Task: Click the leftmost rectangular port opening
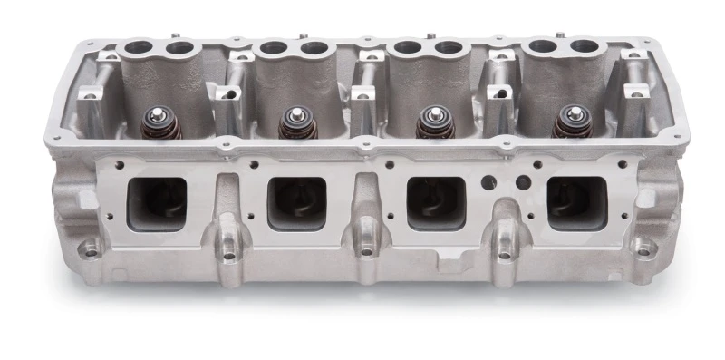(157, 200)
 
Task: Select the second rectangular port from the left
(297, 202)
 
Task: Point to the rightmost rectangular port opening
(575, 201)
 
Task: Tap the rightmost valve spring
(572, 123)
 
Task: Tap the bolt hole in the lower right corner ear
(644, 246)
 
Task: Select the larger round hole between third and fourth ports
(489, 181)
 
